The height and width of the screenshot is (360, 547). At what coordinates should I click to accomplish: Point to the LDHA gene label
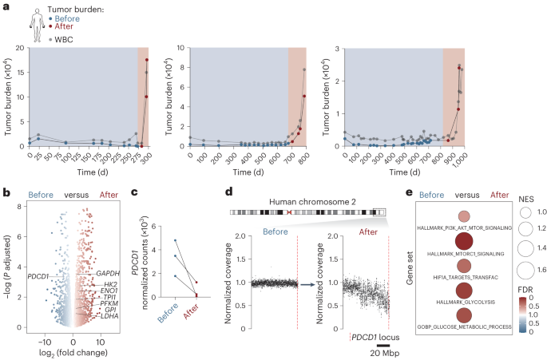tap(109, 317)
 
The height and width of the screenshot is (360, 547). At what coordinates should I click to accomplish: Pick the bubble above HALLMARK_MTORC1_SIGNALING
tap(463, 242)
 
